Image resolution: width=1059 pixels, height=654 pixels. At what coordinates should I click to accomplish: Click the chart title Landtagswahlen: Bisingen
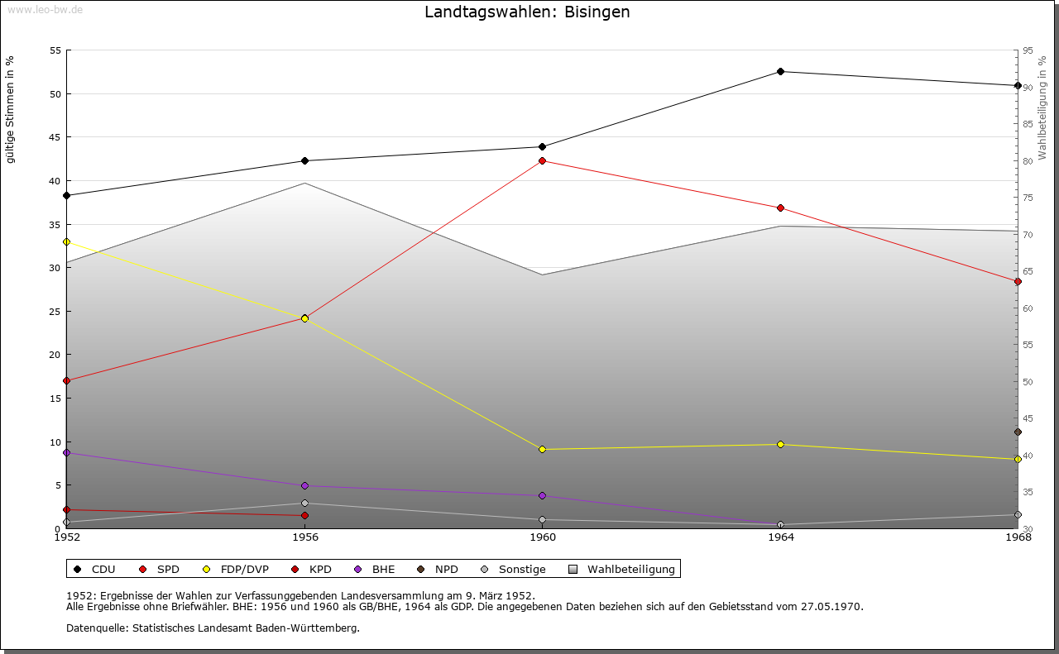point(527,12)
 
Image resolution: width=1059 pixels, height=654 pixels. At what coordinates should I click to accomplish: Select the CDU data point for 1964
point(780,72)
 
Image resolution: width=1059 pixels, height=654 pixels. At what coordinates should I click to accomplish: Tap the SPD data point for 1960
point(543,160)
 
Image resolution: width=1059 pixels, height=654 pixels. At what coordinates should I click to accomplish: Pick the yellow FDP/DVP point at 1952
point(67,241)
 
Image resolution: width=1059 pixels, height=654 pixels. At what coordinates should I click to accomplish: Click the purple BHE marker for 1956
point(304,485)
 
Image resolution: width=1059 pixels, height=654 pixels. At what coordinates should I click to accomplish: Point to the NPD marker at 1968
point(1018,432)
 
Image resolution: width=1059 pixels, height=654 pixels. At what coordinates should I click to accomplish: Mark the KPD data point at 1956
point(304,515)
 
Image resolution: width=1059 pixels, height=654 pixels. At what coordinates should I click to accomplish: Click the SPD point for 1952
point(67,380)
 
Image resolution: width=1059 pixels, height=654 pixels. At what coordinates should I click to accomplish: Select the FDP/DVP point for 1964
point(780,444)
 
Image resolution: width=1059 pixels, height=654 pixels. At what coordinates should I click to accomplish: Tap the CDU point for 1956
point(304,160)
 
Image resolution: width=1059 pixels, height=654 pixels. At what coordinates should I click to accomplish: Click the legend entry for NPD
point(446,569)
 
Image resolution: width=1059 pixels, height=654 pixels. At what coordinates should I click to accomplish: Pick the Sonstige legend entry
point(521,569)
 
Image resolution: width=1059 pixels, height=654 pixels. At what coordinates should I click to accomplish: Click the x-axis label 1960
point(543,537)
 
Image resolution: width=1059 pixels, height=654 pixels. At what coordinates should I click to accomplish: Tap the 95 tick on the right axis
point(1028,50)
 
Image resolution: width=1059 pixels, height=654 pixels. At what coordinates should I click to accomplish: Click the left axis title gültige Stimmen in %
point(11,109)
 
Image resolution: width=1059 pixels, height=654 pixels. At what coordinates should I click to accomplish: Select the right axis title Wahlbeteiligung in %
point(1042,107)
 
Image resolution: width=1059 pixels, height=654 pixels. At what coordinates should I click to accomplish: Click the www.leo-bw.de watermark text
point(44,8)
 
